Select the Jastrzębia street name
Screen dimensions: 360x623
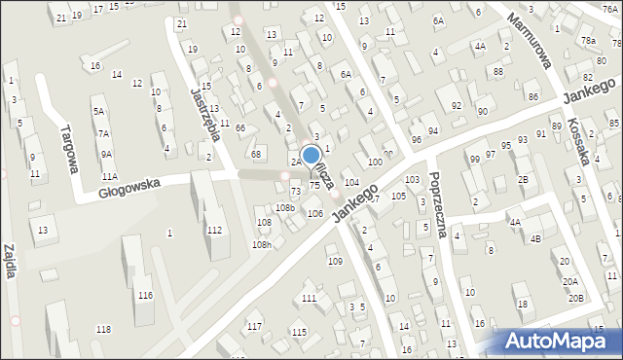pyautogui.click(x=206, y=114)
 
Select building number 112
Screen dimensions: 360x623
pyautogui.click(x=214, y=230)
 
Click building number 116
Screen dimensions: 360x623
pyautogui.click(x=145, y=295)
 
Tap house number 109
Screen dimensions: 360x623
pyautogui.click(x=334, y=261)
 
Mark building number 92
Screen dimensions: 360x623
pyautogui.click(x=456, y=104)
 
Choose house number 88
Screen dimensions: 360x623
pyautogui.click(x=497, y=72)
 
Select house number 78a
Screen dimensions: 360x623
pyautogui.click(x=588, y=41)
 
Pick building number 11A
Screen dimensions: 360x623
pyautogui.click(x=109, y=176)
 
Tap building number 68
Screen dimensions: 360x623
pyautogui.click(x=256, y=154)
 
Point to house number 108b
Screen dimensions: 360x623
pyautogui.click(x=284, y=207)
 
